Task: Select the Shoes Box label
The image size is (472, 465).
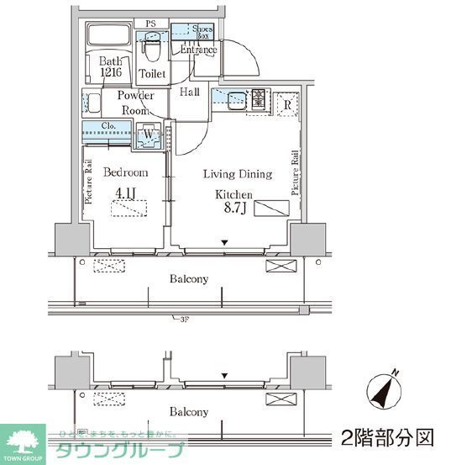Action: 202,30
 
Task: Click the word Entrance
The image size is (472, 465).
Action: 199,50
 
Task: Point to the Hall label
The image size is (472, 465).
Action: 190,92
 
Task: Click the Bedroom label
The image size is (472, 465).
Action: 125,172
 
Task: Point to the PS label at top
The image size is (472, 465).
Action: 151,24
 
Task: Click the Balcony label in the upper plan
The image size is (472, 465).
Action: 189,278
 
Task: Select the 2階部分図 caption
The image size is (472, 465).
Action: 388,438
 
